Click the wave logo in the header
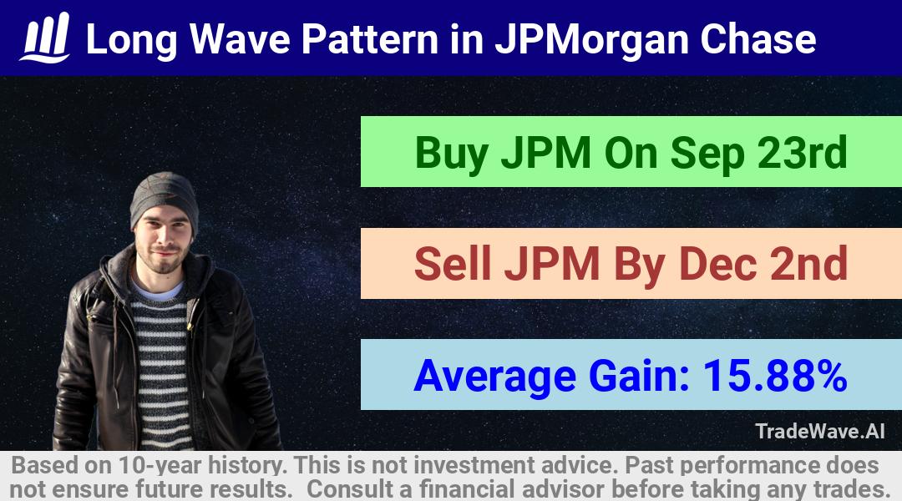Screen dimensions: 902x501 click(x=45, y=38)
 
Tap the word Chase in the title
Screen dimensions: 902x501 click(x=758, y=39)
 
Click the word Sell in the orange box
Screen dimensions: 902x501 click(x=453, y=263)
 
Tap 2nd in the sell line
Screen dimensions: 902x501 click(x=808, y=263)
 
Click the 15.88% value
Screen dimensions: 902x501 click(x=775, y=375)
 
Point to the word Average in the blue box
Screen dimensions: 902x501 click(x=494, y=377)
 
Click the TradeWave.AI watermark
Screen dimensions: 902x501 click(x=820, y=431)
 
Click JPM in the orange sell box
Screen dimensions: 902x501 click(x=552, y=263)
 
